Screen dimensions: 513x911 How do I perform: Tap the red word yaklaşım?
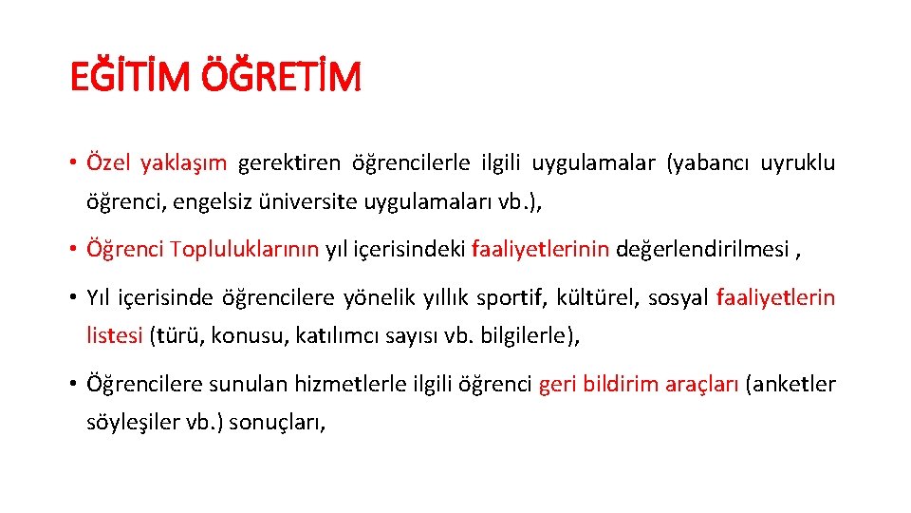tap(183, 163)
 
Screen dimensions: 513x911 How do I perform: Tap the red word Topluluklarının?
tap(245, 250)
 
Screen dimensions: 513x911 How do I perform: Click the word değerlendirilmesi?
tap(702, 250)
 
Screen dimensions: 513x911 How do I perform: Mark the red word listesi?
tap(115, 335)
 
